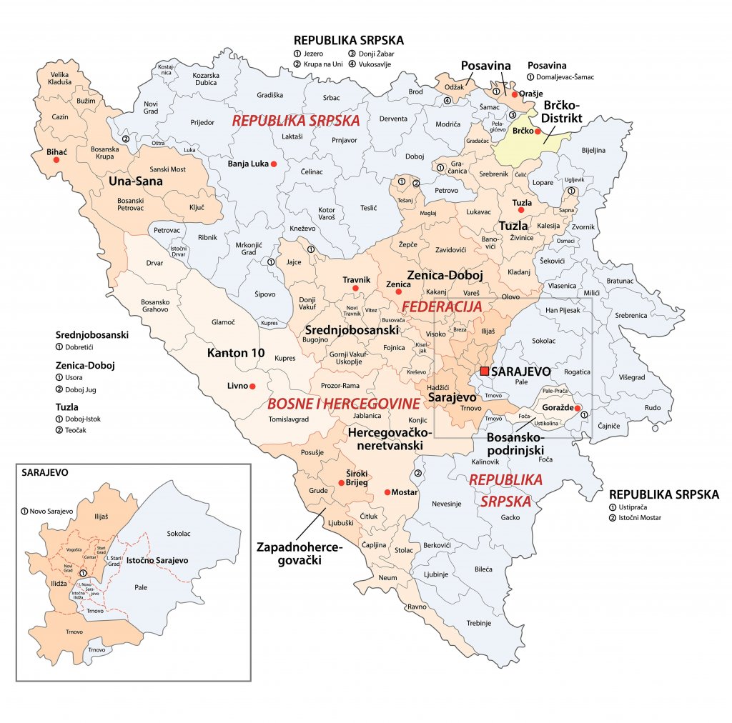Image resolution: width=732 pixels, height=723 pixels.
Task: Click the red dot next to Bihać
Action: click(56, 161)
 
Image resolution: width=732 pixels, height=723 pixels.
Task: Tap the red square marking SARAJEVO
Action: click(485, 372)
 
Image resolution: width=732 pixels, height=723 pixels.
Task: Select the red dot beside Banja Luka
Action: click(273, 164)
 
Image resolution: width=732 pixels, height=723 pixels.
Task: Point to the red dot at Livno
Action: click(252, 386)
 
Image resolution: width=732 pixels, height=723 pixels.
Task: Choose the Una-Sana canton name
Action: click(136, 181)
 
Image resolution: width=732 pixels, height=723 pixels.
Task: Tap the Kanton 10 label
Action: click(237, 353)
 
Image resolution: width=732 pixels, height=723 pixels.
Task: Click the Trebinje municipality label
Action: click(479, 623)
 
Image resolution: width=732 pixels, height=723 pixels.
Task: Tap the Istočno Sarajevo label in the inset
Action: click(157, 560)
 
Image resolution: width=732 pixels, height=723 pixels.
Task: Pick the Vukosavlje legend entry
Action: click(377, 65)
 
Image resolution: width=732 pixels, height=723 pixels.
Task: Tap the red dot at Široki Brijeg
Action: click(341, 484)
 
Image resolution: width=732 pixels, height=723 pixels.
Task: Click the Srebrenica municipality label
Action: click(631, 315)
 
